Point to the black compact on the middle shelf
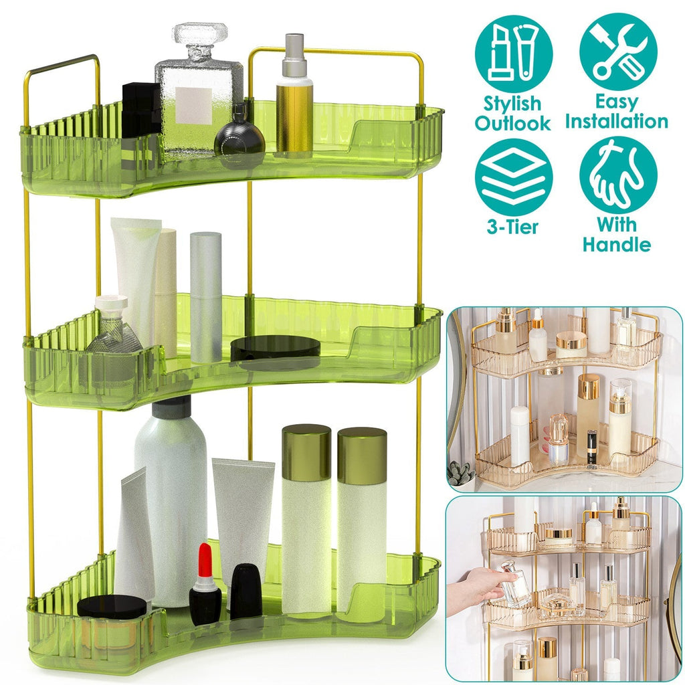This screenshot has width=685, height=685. tap(275, 348)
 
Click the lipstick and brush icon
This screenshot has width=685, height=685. tap(514, 54)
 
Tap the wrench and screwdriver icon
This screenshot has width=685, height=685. tap(618, 52)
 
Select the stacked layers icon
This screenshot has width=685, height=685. tap(514, 177)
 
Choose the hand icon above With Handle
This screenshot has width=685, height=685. tap(618, 175)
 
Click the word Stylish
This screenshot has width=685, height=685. tap(512, 104)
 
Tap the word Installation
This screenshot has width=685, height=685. tap(616, 121)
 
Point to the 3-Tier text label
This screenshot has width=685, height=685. tap(513, 227)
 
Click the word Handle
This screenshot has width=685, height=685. tap(616, 243)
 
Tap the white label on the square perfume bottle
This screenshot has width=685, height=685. tap(193, 106)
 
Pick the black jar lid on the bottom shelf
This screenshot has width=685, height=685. tap(112, 607)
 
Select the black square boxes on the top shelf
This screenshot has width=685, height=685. tap(140, 110)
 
